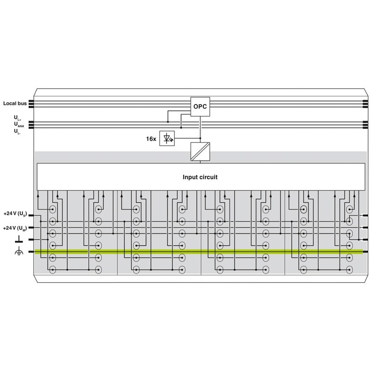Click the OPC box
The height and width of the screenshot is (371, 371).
click(x=200, y=107)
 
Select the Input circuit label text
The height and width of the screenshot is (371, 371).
click(x=200, y=177)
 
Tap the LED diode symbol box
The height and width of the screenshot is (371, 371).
click(x=167, y=138)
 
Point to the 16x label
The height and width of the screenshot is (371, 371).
click(x=151, y=139)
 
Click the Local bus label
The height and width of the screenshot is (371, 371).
click(x=15, y=103)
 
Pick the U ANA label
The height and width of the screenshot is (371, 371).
click(x=19, y=124)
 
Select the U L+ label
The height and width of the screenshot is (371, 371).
click(x=18, y=118)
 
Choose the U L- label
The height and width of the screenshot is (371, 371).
click(x=17, y=132)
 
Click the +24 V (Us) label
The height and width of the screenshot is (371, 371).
click(x=15, y=214)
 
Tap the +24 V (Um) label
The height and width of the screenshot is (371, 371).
click(x=15, y=228)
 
